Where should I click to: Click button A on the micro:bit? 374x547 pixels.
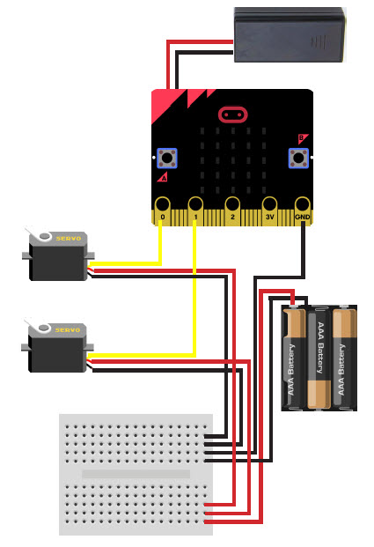pos(167,158)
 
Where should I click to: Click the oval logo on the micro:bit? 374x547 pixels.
pos(233,115)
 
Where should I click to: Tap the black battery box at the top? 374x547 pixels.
pos(290,35)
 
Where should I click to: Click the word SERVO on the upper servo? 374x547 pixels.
pos(69,239)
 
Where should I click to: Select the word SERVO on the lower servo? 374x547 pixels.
pos(68,330)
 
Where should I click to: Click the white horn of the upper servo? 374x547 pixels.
pos(39,234)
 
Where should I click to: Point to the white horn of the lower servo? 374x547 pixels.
pos(38,326)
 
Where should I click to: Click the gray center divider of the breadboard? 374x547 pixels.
pos(136,474)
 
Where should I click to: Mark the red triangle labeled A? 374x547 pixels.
pos(163,177)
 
